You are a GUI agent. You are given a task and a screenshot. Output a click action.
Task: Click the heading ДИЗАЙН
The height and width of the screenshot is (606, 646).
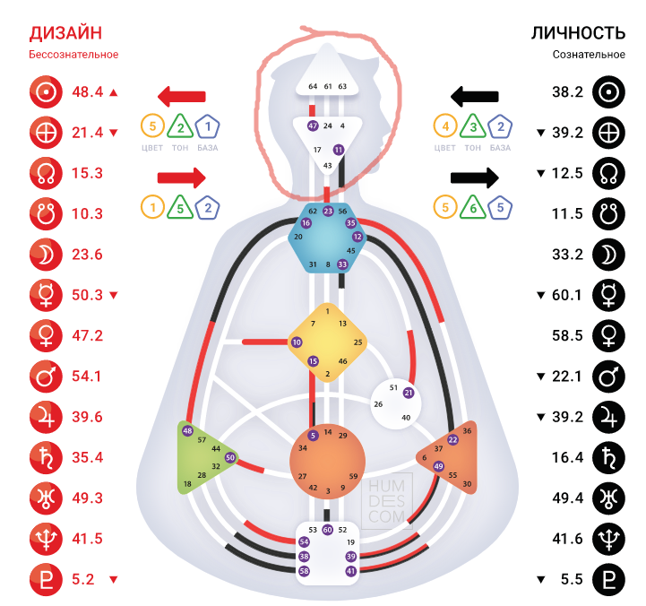65,33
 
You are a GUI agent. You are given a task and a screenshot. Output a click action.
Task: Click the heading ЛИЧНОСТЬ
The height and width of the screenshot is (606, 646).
578,33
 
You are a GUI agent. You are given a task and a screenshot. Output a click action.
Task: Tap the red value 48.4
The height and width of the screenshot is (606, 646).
88,91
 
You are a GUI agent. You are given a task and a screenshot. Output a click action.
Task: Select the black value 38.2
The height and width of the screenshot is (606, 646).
567,91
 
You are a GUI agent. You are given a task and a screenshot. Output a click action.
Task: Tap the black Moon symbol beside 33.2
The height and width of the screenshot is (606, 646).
609,254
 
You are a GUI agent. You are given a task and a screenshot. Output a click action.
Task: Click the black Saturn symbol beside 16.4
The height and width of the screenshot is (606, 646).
609,457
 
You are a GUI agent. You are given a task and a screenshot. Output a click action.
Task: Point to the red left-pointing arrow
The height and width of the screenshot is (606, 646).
182,96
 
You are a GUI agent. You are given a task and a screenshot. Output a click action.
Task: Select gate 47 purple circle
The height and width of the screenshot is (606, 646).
313,126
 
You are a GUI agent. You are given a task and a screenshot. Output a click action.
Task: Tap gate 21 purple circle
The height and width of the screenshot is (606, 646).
409,393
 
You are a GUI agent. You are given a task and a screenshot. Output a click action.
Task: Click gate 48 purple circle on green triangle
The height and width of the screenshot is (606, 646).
187,431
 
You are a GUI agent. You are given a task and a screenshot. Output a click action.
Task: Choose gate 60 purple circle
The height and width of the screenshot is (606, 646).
328,530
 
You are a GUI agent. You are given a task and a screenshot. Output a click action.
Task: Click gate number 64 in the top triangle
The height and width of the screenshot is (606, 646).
313,87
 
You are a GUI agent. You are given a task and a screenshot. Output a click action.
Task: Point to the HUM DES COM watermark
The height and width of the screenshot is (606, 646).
388,503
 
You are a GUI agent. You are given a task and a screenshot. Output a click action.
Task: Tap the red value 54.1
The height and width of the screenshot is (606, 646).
88,376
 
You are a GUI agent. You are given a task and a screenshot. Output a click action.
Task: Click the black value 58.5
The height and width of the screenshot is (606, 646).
567,335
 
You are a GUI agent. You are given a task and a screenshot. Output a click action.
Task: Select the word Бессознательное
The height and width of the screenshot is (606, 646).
73,55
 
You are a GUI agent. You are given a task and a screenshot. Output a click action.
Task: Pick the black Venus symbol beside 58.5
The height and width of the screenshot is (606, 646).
609,335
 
